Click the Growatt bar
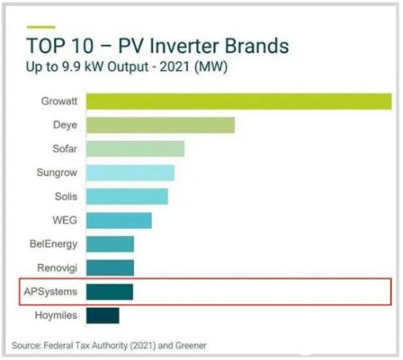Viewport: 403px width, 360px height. [x=239, y=101]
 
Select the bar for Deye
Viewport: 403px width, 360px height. [x=160, y=125]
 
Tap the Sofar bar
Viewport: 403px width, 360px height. [x=135, y=149]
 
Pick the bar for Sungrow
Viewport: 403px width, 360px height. [x=131, y=172]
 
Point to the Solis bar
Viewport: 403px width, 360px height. [x=127, y=197]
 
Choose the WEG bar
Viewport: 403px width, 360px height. [x=118, y=221]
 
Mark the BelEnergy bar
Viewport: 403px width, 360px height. [x=110, y=244]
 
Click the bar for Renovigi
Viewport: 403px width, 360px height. [x=110, y=267]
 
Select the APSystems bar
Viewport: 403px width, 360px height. [x=110, y=292]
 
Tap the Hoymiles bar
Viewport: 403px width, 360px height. [x=102, y=316]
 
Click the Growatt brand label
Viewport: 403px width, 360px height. [x=59, y=101]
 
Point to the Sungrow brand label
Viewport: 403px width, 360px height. [x=57, y=172]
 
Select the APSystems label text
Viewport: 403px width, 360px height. [x=51, y=292]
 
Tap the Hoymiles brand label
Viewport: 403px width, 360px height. [x=56, y=316]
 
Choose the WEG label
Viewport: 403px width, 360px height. [x=65, y=221]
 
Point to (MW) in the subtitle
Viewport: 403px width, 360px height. [x=211, y=67]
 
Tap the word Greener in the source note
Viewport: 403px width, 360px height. [x=191, y=346]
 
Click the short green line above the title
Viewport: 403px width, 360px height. [x=41, y=27]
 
